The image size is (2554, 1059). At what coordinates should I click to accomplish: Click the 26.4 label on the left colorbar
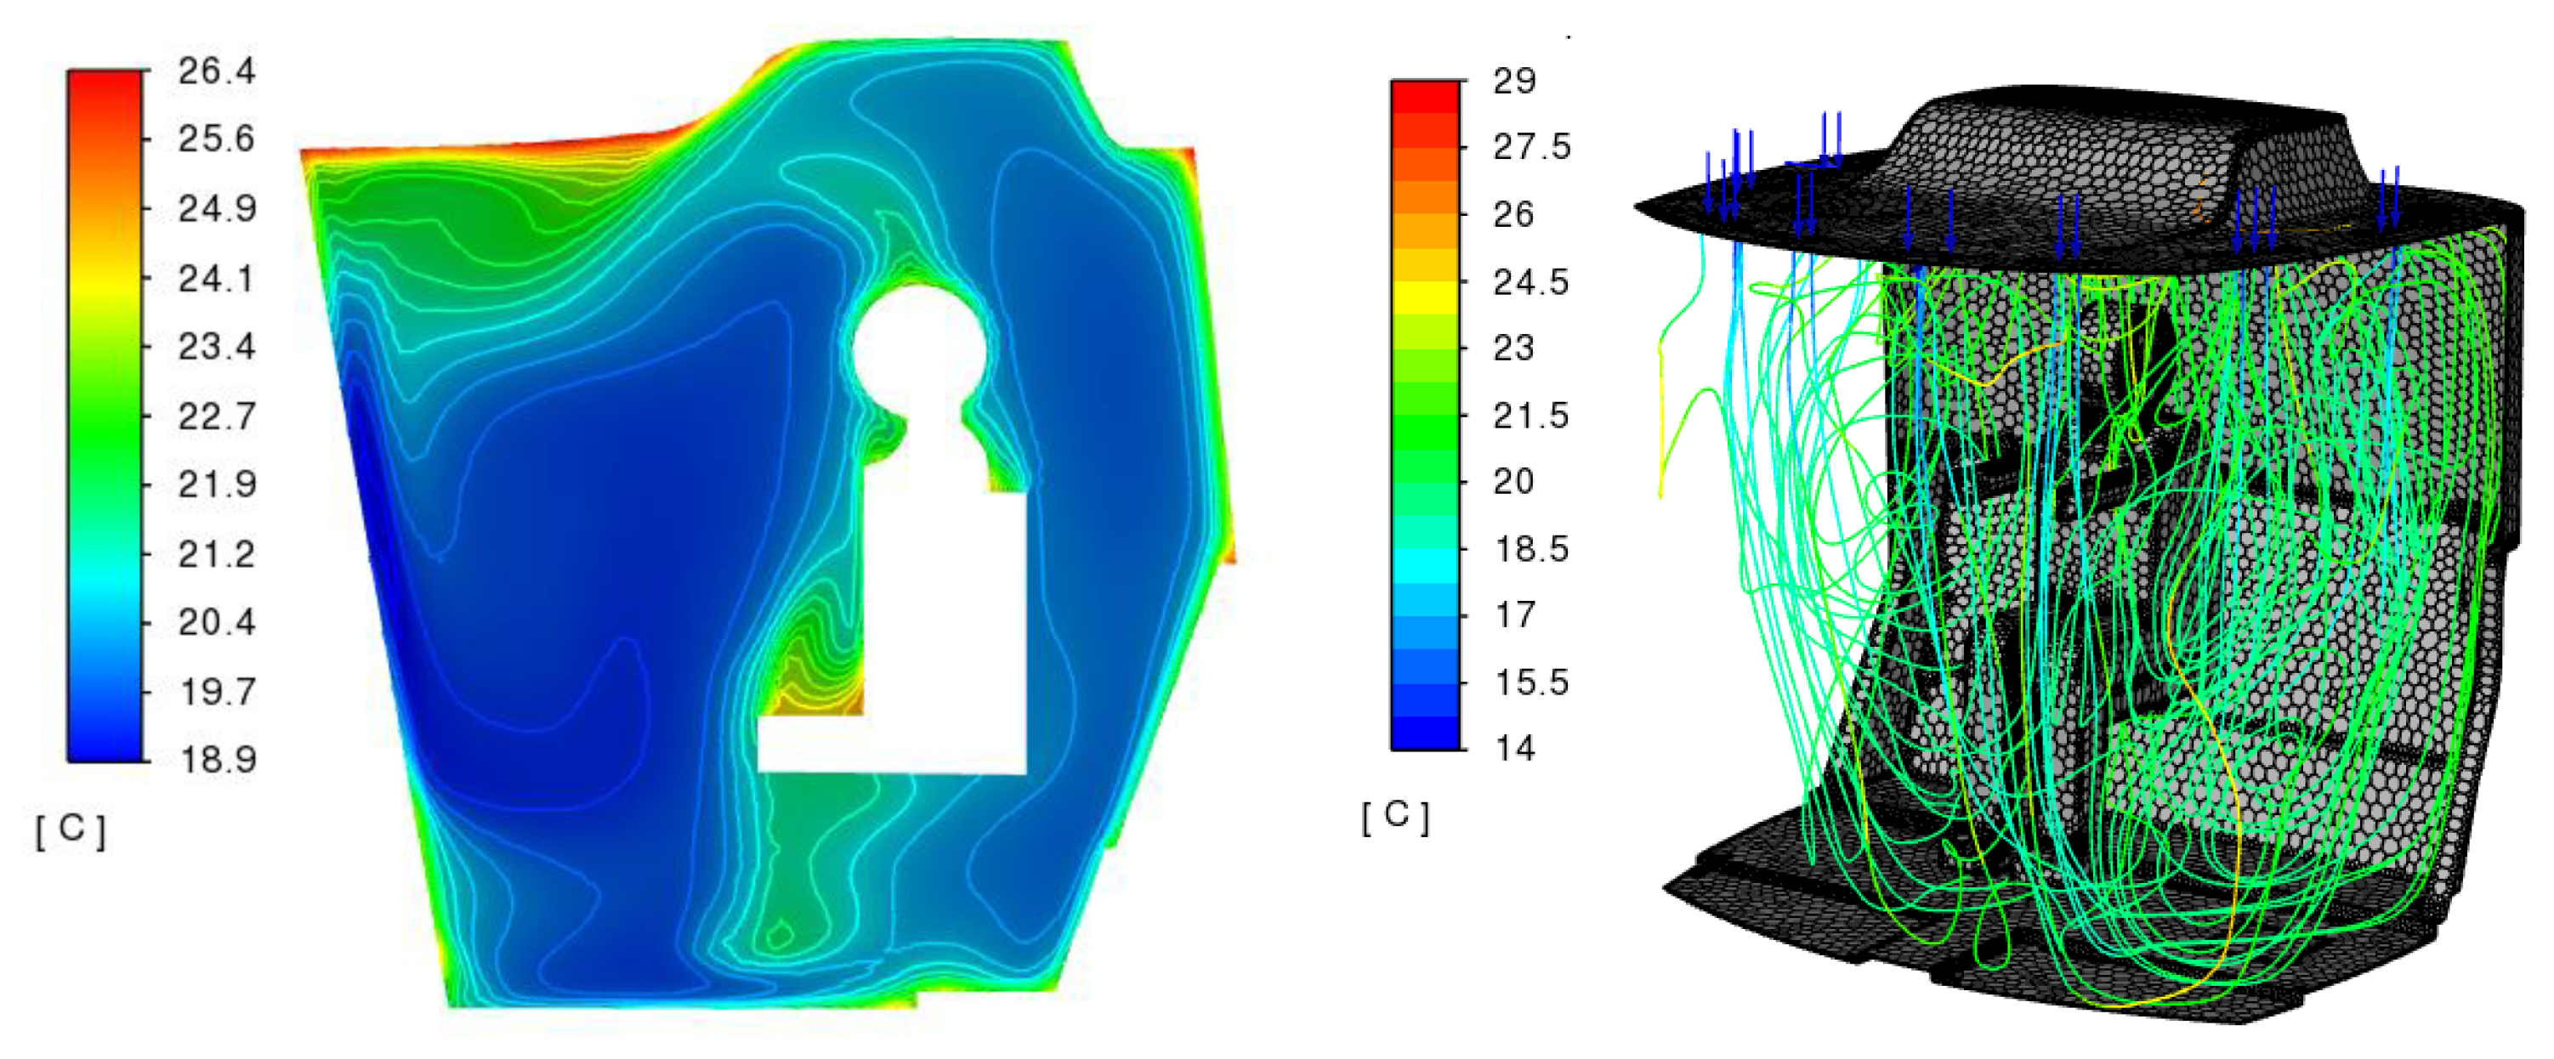pyautogui.click(x=216, y=71)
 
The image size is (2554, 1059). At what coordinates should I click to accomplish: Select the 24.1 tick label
pyautogui.click(x=216, y=279)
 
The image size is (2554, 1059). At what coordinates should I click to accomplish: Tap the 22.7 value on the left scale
pyautogui.click(x=216, y=416)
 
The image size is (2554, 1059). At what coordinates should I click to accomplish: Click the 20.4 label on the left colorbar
pyautogui.click(x=216, y=623)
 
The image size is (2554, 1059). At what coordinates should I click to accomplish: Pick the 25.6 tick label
pyautogui.click(x=216, y=139)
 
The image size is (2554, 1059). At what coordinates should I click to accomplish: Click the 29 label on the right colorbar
pyautogui.click(x=1514, y=80)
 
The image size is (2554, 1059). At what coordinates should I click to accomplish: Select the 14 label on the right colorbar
pyautogui.click(x=1515, y=748)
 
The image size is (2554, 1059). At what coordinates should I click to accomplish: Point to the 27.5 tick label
pyautogui.click(x=1532, y=147)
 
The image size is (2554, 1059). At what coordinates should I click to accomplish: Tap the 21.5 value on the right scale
pyautogui.click(x=1532, y=416)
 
